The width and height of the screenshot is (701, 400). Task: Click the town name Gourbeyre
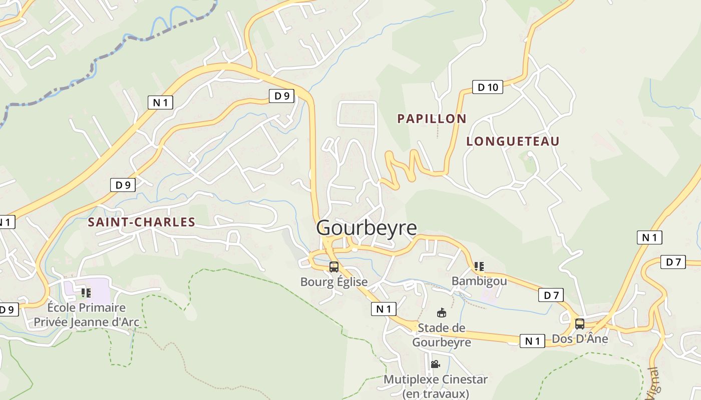(x=367, y=228)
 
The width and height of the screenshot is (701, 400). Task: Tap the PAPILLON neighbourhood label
(x=432, y=118)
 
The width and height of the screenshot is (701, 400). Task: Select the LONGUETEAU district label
(x=513, y=141)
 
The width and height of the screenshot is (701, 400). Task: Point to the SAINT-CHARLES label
(x=141, y=222)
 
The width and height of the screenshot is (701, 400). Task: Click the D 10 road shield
(x=488, y=87)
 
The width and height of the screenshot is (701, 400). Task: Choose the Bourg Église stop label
(x=334, y=282)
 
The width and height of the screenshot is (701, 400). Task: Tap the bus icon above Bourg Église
(x=334, y=267)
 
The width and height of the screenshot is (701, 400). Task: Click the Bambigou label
(x=479, y=281)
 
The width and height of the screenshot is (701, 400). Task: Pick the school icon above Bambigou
(x=479, y=266)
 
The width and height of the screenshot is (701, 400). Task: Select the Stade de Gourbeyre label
(x=441, y=335)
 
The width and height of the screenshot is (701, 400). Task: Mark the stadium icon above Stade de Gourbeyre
(x=441, y=313)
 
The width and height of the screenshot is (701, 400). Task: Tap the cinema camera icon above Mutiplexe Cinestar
(x=435, y=364)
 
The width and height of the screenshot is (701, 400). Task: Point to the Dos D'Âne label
(x=580, y=339)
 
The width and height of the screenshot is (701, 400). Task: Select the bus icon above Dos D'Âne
(x=580, y=323)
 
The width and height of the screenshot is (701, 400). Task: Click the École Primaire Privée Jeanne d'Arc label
(x=86, y=314)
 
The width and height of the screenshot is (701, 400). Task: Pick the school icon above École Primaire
(x=86, y=292)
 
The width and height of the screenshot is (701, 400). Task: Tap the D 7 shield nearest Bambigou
(x=551, y=295)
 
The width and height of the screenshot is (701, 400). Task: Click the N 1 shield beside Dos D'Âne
(x=532, y=341)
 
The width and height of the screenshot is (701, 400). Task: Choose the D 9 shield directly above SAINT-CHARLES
(x=123, y=185)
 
